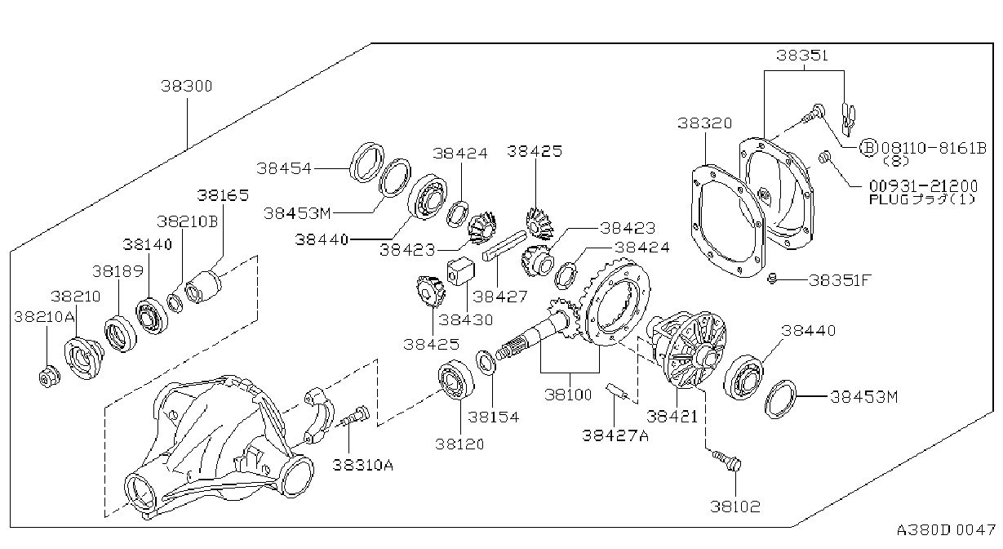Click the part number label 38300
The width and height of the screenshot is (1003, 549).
pos(187,86)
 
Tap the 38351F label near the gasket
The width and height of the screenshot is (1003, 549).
pos(840,280)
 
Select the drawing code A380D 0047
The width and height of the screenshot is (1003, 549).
pos(946,529)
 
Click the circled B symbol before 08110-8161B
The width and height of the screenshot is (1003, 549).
pos(868,147)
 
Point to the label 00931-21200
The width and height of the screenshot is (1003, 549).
pos(923,185)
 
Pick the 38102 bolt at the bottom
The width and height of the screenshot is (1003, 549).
pos(728,462)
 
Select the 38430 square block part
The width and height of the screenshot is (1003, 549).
pos(461,270)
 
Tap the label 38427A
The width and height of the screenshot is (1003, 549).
pos(615,435)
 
